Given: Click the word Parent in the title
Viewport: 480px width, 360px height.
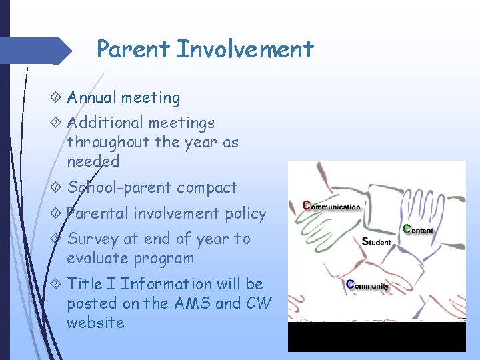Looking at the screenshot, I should pyautogui.click(x=133, y=49).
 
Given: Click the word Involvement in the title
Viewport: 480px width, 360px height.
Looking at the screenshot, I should pyautogui.click(x=245, y=49).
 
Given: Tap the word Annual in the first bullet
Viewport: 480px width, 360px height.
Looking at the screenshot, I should pyautogui.click(x=93, y=97).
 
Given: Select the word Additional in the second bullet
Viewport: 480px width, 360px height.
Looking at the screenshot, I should pyautogui.click(x=105, y=123).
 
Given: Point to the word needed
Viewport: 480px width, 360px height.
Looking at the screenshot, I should pyautogui.click(x=93, y=161).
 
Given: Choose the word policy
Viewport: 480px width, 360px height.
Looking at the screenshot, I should pyautogui.click(x=246, y=213).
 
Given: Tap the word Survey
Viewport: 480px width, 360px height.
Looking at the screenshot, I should pyautogui.click(x=93, y=239).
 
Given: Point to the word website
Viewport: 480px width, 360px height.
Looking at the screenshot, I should pyautogui.click(x=95, y=323).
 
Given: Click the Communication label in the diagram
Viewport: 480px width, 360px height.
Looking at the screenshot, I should pyautogui.click(x=331, y=206).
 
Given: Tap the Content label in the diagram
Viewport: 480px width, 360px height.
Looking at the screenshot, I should pyautogui.click(x=417, y=229).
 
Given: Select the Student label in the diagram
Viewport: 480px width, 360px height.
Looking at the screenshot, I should pyautogui.click(x=376, y=242).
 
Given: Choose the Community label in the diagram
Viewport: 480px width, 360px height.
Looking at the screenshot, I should pyautogui.click(x=367, y=285).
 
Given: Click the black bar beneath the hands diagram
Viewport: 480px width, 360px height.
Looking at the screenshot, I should pyautogui.click(x=377, y=337).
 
